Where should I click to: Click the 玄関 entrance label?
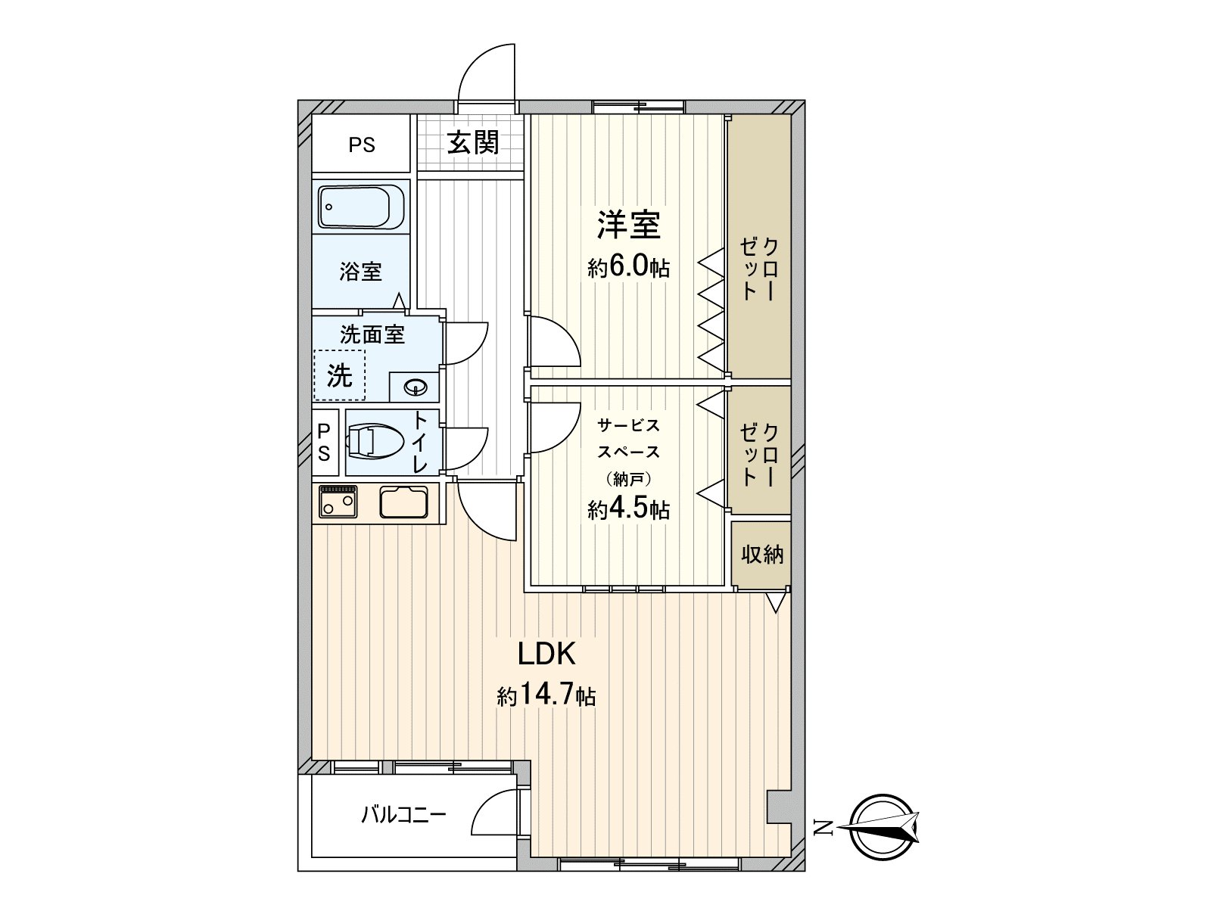pyautogui.click(x=473, y=142)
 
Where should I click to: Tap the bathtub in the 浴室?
pyautogui.click(x=361, y=207)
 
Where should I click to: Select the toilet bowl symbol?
pyautogui.click(x=376, y=441)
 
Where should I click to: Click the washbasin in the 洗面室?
pyautogui.click(x=416, y=388)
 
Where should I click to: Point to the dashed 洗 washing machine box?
pyautogui.click(x=339, y=375)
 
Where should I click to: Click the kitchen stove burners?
pyautogui.click(x=338, y=502)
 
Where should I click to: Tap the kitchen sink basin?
pyautogui.click(x=403, y=502)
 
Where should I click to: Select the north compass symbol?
pyautogui.click(x=883, y=828)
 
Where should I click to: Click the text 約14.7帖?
pyautogui.click(x=546, y=695)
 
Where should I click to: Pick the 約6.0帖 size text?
pyautogui.click(x=628, y=268)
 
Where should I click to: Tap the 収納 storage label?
pyautogui.click(x=761, y=555)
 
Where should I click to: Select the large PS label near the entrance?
pyautogui.click(x=362, y=145)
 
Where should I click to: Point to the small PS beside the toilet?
pyautogui.click(x=323, y=443)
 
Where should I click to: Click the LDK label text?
pyautogui.click(x=546, y=654)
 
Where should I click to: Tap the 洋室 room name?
pyautogui.click(x=628, y=225)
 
